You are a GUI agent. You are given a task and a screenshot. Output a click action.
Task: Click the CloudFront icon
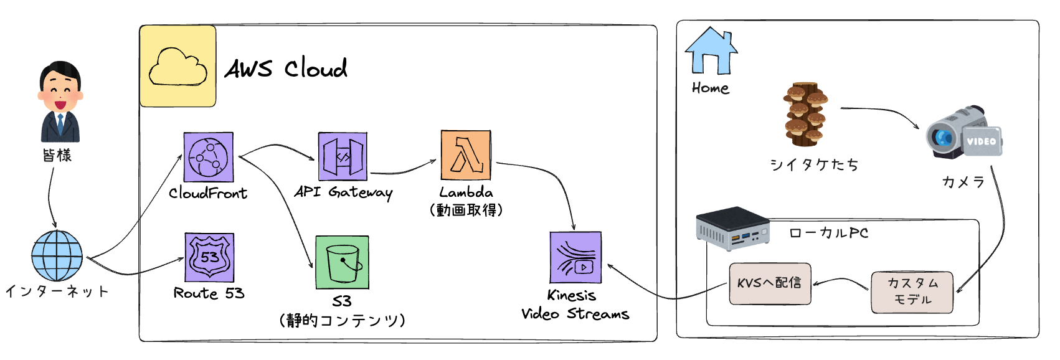(x=209, y=157)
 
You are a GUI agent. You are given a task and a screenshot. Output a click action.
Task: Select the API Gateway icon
(x=343, y=156)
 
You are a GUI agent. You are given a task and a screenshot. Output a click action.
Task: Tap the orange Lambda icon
(x=466, y=155)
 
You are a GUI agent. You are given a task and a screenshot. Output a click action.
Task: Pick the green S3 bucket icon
(x=342, y=262)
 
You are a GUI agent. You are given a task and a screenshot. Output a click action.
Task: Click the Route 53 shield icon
(x=209, y=257)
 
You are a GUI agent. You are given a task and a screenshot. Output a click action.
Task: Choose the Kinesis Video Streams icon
(x=575, y=258)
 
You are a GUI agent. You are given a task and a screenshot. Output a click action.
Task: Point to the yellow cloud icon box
(x=178, y=67)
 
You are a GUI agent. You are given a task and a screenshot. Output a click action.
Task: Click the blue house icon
(x=711, y=51)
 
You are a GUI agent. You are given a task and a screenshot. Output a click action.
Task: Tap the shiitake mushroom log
(x=805, y=113)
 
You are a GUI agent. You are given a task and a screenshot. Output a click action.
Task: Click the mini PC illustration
(x=732, y=229)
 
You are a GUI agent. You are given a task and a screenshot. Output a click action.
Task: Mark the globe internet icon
(x=57, y=256)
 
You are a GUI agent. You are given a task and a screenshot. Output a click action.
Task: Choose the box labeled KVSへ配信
(x=770, y=283)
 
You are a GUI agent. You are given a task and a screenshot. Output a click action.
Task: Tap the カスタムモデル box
(x=912, y=291)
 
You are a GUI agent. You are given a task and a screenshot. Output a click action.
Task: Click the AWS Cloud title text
(x=286, y=68)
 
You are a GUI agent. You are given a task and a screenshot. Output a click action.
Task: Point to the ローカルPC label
(x=828, y=233)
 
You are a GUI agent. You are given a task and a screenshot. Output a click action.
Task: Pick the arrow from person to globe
(x=50, y=196)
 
